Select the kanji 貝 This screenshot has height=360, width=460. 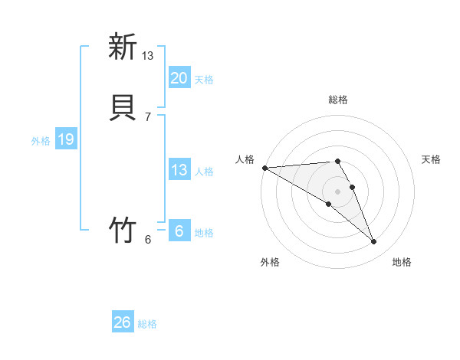[x=123, y=105]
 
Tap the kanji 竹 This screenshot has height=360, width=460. [x=123, y=229]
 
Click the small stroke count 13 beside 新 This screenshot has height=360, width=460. [x=148, y=55]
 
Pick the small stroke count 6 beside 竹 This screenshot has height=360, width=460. [x=148, y=239]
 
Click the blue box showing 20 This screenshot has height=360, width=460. [x=179, y=78]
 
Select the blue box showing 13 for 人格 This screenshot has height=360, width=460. [x=179, y=170]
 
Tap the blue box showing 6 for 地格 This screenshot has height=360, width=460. [x=179, y=231]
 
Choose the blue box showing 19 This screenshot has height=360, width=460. [x=66, y=139]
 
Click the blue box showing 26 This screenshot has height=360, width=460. [x=123, y=322]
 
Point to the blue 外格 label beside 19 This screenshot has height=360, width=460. [x=41, y=140]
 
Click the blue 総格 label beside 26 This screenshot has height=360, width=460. [x=147, y=324]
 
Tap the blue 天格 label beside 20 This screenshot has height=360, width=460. [x=204, y=79]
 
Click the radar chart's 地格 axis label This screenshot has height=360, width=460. [x=402, y=262]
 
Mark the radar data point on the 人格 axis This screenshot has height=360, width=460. [x=264, y=168]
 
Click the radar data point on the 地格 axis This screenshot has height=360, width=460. [x=374, y=242]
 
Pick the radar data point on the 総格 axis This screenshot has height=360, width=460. [x=337, y=161]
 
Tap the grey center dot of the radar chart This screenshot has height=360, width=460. [x=337, y=191]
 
